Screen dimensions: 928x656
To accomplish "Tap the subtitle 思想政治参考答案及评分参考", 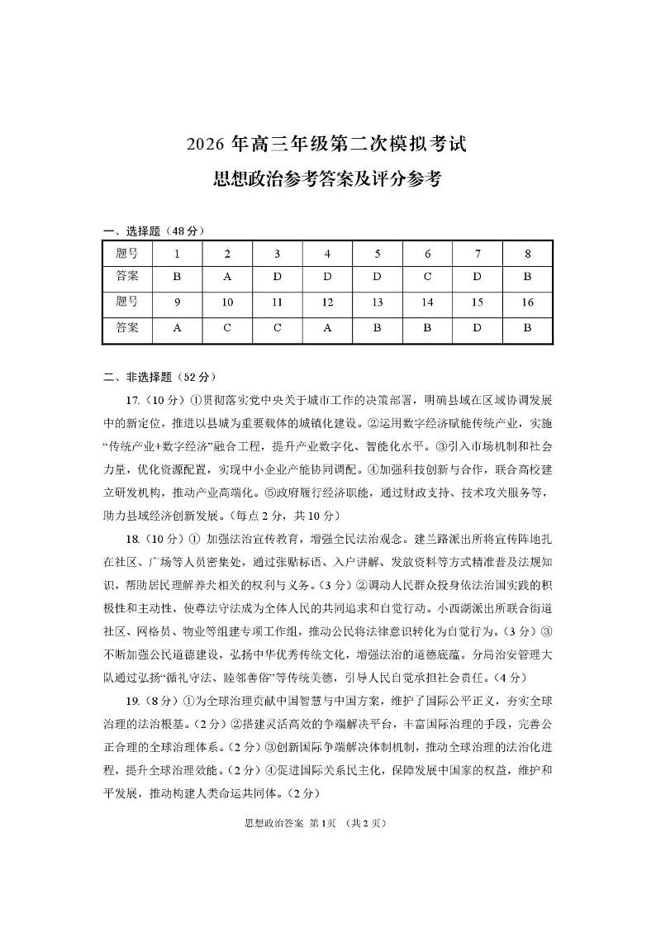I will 327,178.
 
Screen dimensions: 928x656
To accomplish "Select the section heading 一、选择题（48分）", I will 153,231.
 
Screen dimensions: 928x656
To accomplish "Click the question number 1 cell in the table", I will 177,254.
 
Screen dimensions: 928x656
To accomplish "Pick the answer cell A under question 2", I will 227,277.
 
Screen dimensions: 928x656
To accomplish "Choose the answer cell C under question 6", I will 427,277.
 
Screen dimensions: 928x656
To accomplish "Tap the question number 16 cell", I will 527,302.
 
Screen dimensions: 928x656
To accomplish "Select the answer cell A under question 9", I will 177,327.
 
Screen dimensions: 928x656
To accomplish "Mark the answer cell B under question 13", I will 378,327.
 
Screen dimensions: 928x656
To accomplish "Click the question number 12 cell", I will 327,302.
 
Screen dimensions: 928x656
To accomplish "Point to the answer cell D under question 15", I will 478,327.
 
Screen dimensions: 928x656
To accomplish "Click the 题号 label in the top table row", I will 127,254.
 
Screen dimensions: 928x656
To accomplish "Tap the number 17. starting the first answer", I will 129,401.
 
